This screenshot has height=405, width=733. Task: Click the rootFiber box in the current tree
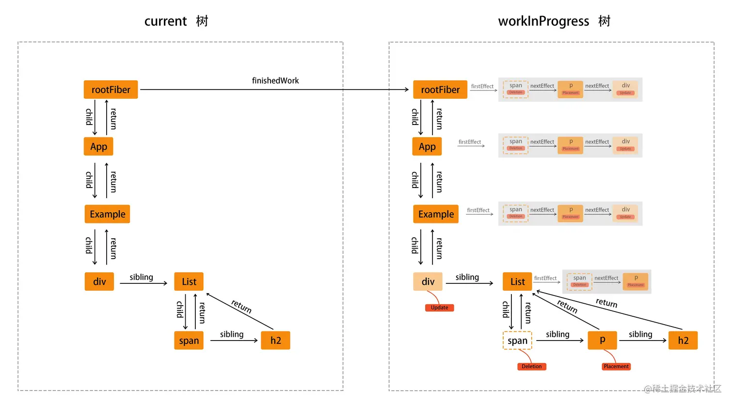point(111,90)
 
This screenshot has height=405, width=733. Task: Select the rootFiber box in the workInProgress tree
point(440,90)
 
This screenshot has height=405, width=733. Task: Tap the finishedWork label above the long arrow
point(275,80)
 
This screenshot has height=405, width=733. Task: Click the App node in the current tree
point(98,146)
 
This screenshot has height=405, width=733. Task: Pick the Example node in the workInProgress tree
point(436,214)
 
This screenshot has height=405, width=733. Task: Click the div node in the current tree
point(99,281)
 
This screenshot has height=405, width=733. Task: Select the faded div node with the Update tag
point(428,281)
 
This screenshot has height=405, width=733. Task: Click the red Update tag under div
point(439,308)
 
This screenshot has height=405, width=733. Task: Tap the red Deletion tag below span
point(531,367)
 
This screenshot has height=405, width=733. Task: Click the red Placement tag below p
point(616,367)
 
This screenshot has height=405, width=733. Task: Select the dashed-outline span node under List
point(517,341)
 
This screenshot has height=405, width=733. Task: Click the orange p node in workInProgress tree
point(602,340)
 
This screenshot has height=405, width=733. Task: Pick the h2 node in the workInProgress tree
point(683,341)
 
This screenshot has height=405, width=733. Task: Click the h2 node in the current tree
point(275,341)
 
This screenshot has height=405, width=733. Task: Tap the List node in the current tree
point(189,281)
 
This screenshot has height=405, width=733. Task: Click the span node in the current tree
point(189,341)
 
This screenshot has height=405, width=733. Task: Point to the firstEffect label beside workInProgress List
point(545,278)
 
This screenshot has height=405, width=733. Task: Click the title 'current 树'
point(176,21)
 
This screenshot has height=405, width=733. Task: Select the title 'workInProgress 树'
point(554,21)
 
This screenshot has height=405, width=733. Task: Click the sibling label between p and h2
point(640,334)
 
